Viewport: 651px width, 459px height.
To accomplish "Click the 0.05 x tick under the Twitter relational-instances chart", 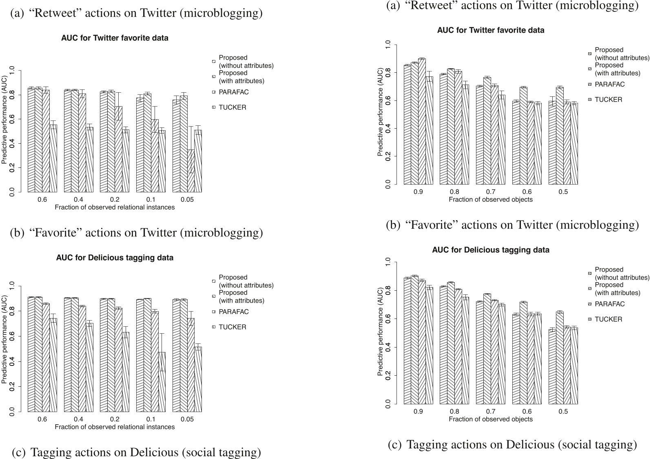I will pos(187,200).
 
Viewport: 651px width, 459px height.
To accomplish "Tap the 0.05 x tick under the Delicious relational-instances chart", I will pos(187,419).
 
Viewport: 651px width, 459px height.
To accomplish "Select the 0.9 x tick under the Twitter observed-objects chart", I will pos(418,192).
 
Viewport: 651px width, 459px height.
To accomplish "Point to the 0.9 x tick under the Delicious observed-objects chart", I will pos(418,412).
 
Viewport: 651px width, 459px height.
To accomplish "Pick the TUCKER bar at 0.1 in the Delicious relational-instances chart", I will pos(162,382).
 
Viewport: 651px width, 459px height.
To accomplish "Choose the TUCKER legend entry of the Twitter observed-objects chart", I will pos(608,100).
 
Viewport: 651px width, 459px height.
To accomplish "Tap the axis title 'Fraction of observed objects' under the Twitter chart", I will pos(491,200).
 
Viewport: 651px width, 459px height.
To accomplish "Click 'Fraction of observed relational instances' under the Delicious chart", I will pos(115,427).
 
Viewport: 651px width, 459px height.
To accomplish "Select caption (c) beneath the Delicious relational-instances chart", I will pos(136,452).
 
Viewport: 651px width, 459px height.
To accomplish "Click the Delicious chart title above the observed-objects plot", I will pos(491,250).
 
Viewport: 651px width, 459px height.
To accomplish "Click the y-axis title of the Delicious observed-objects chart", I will pos(381,332).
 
